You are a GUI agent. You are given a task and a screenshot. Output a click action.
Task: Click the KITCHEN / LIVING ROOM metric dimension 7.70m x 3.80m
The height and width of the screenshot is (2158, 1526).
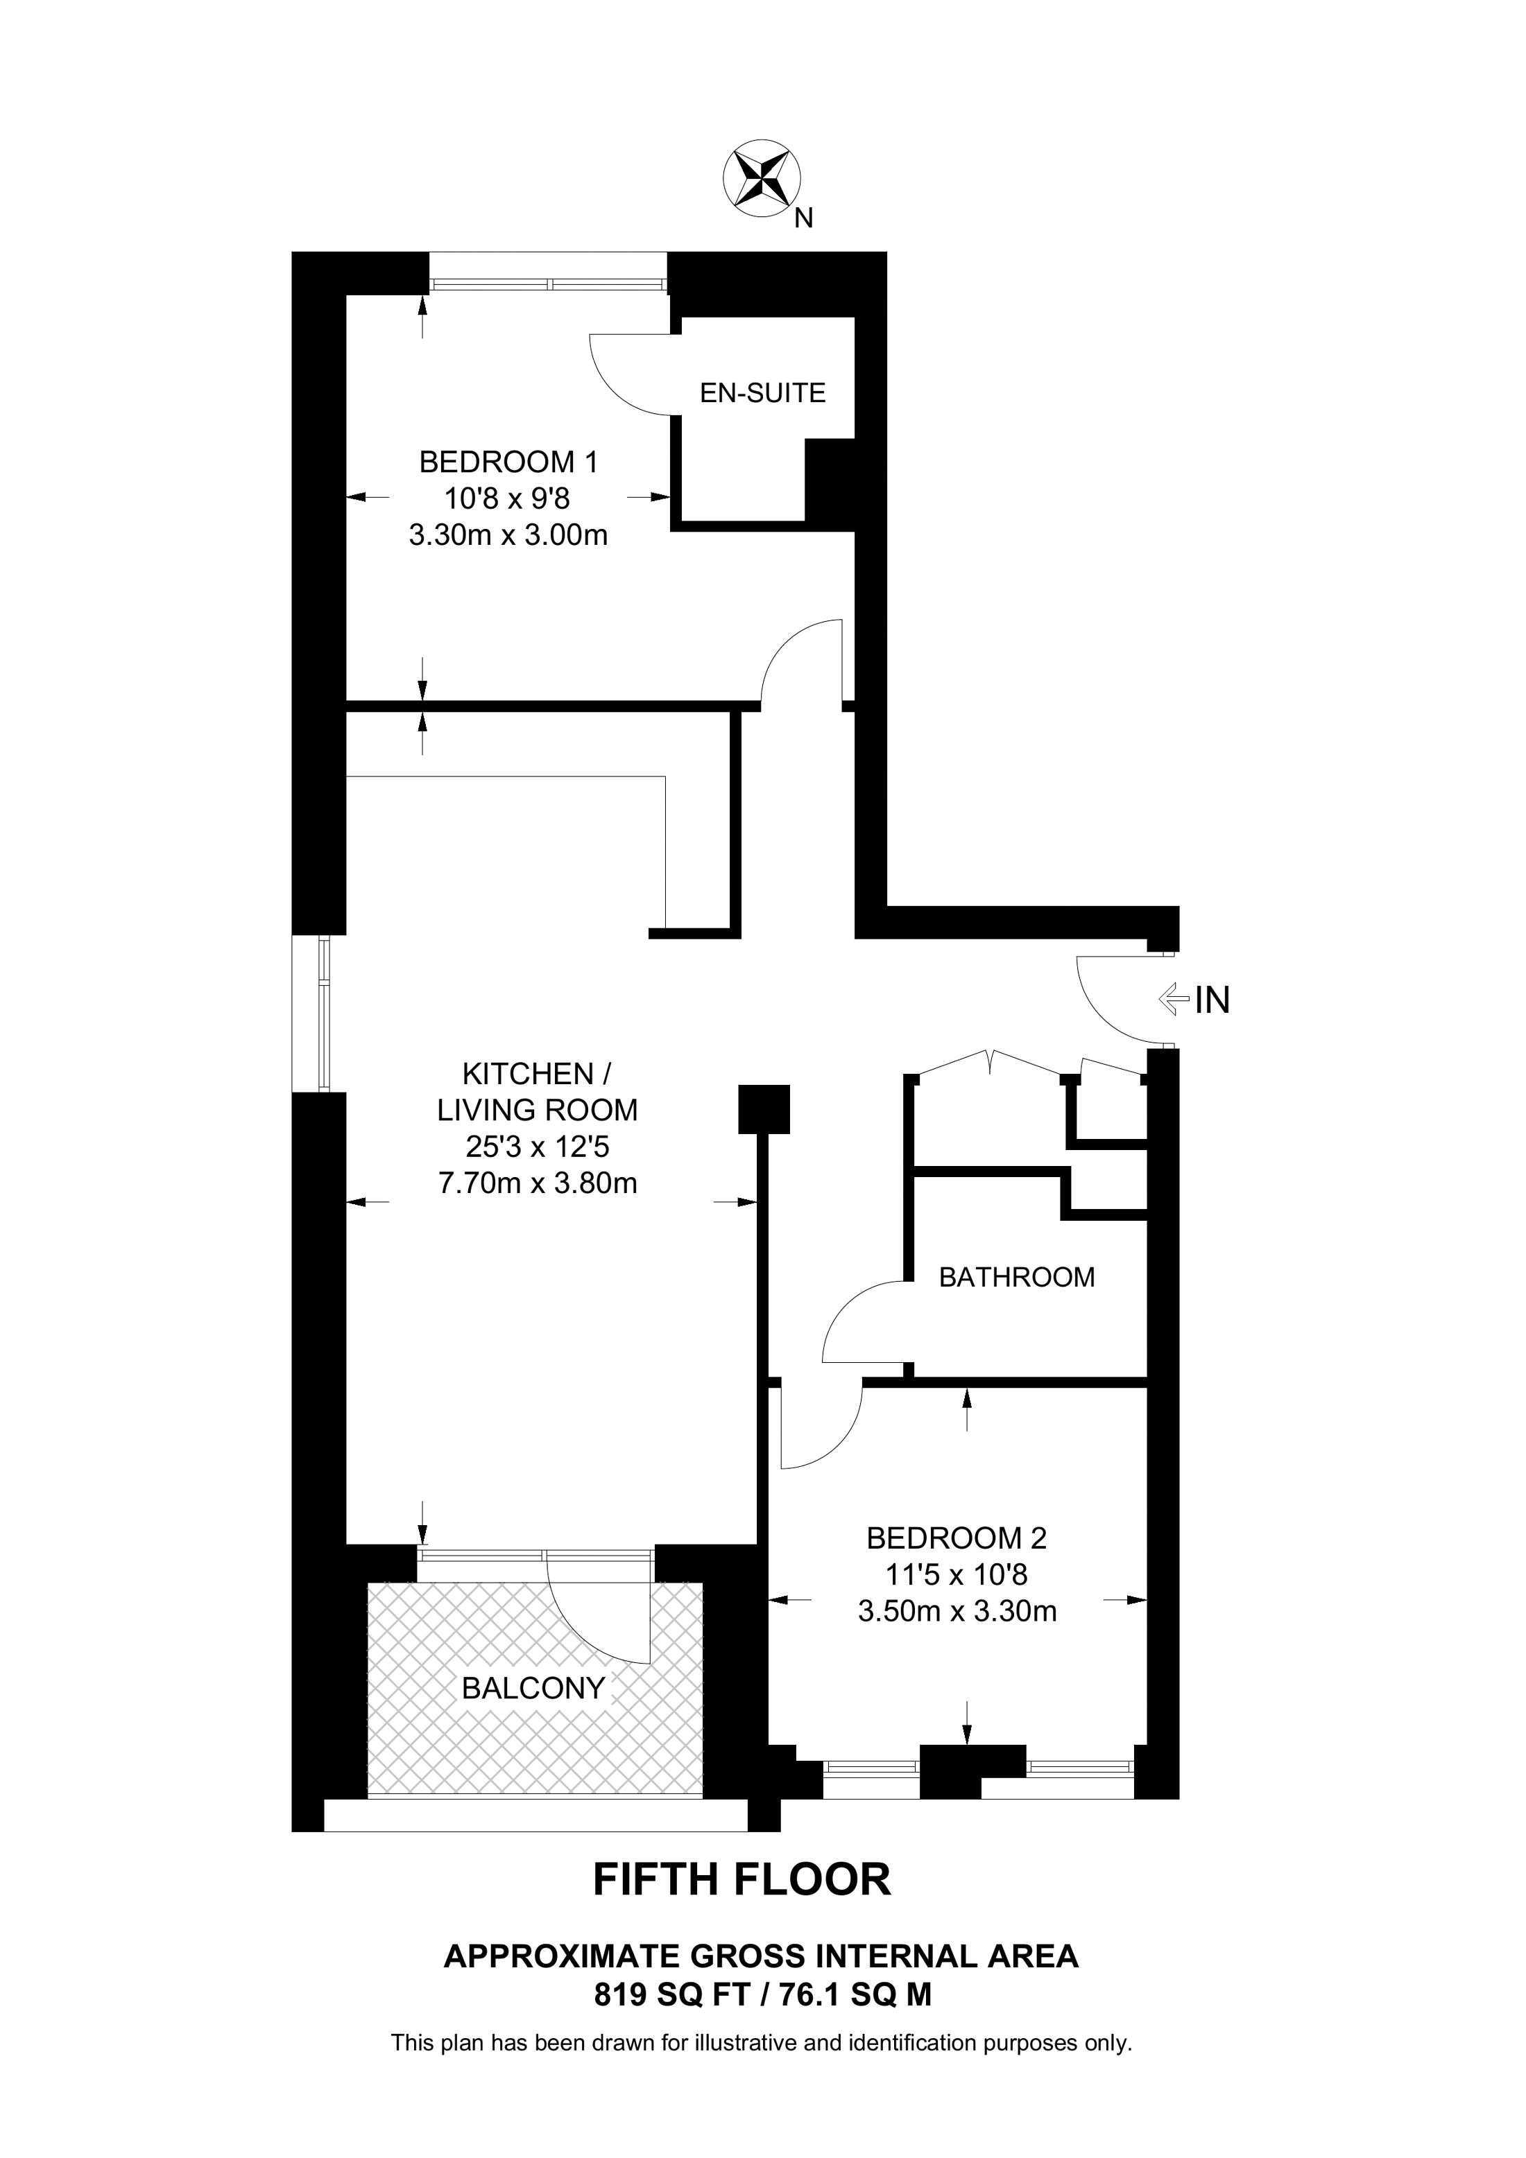(x=538, y=1183)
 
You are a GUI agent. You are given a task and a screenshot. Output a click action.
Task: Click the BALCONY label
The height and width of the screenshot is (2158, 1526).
(x=533, y=1688)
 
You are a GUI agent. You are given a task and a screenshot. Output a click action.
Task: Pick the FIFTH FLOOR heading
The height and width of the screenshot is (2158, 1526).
(x=742, y=1880)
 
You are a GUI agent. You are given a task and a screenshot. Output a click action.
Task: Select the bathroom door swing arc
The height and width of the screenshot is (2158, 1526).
(x=846, y=1311)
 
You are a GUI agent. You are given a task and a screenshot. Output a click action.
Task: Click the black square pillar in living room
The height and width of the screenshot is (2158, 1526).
(x=764, y=1109)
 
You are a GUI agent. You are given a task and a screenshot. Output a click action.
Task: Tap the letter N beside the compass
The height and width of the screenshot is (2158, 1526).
(x=803, y=219)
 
